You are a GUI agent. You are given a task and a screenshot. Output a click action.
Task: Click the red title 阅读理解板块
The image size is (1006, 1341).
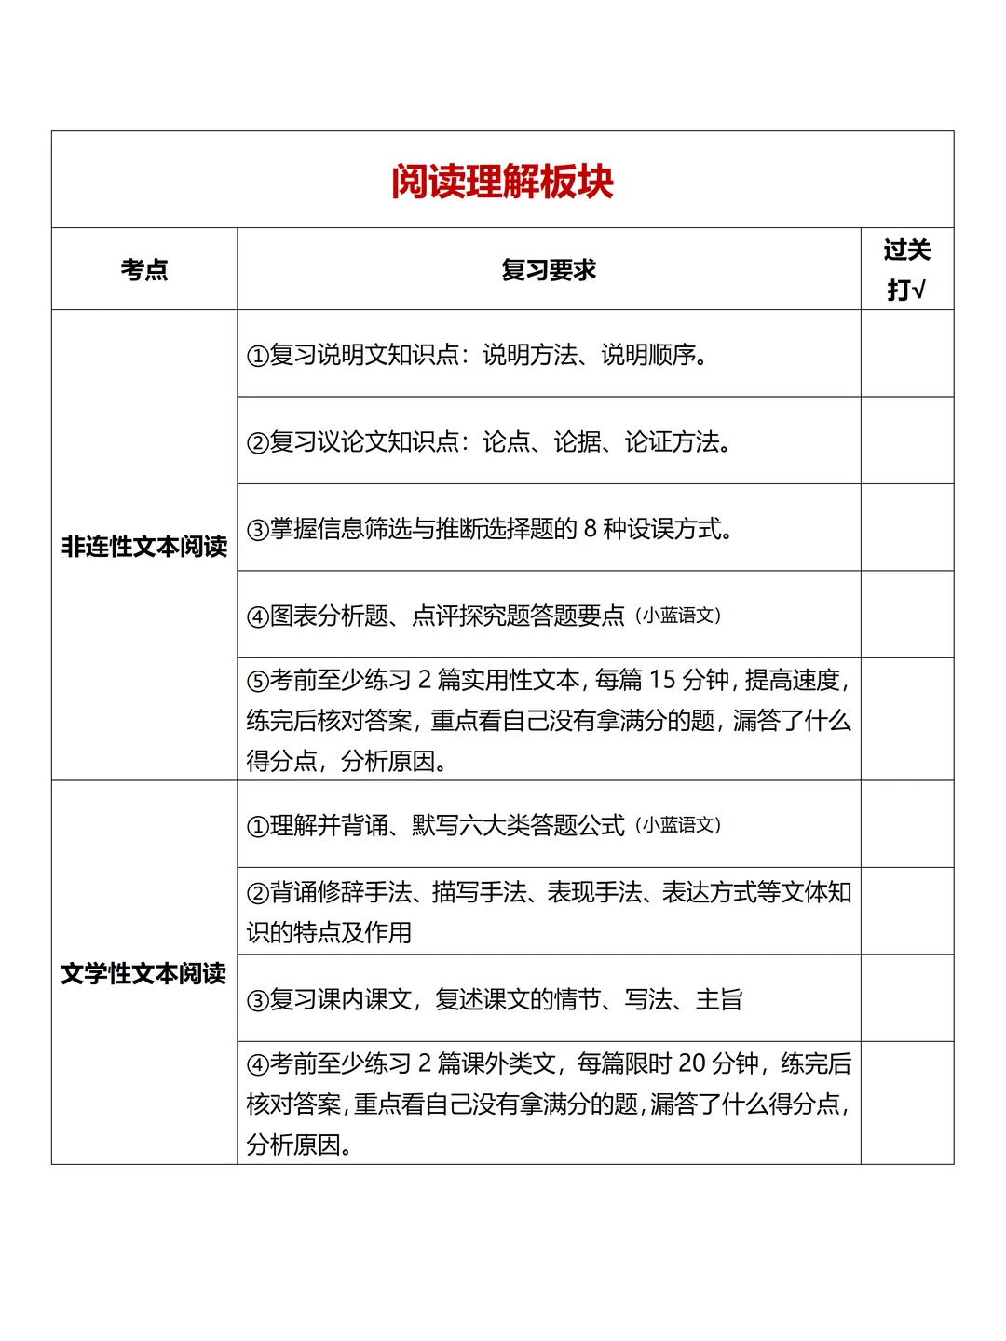tap(502, 182)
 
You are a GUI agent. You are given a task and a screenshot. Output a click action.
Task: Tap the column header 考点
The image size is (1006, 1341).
tap(144, 270)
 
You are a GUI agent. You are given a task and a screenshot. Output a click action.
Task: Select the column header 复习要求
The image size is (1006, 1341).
tap(548, 270)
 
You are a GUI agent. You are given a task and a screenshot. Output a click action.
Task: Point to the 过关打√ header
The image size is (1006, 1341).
tap(906, 269)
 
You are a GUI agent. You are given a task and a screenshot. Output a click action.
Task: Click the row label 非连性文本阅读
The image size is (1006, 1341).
tap(144, 547)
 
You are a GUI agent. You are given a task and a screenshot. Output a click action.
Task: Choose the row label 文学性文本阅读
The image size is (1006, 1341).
tap(144, 974)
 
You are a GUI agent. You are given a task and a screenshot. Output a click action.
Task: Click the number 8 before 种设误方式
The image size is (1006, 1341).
tap(591, 529)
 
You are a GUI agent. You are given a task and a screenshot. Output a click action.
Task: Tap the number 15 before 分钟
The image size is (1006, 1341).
tap(662, 680)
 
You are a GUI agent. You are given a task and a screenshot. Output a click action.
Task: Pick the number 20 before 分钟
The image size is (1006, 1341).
tap(692, 1063)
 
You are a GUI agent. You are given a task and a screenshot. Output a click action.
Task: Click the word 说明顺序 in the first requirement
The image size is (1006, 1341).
tap(648, 355)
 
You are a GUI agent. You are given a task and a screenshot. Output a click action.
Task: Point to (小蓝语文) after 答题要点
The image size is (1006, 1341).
tap(678, 616)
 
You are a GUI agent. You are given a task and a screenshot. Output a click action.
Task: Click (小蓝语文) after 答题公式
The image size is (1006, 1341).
tap(678, 825)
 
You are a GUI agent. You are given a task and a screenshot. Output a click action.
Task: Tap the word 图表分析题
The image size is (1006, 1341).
tap(329, 616)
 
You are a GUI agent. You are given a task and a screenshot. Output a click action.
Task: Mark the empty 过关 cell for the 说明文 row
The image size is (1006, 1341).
tap(906, 354)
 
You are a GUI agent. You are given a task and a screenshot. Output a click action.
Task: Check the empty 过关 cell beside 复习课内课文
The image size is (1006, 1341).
tap(906, 998)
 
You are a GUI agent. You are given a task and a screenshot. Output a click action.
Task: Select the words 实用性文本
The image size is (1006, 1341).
tap(509, 681)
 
